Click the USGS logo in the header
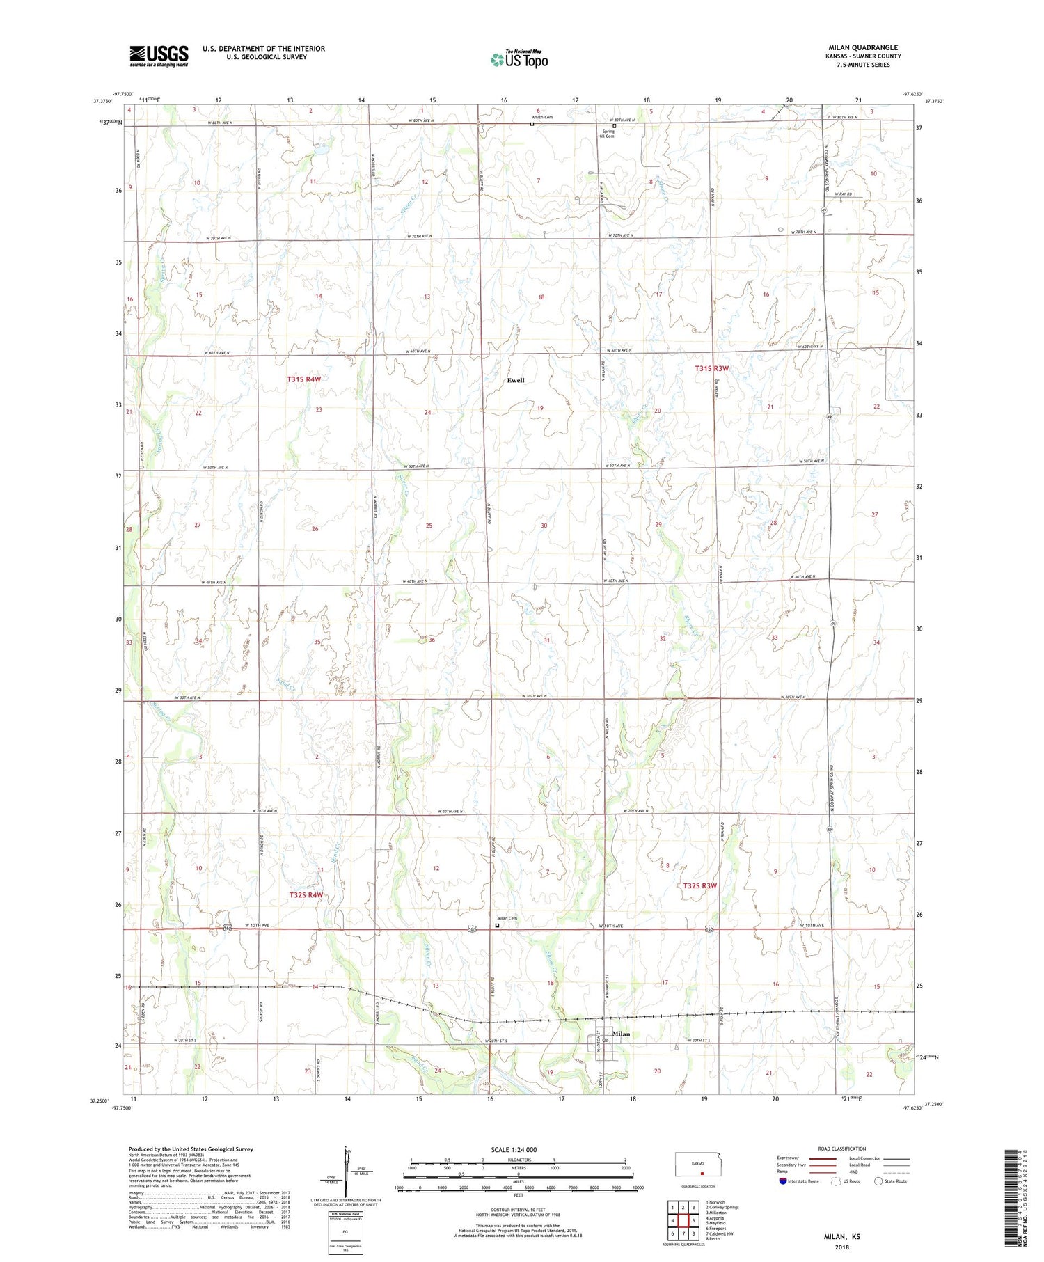tap(159, 56)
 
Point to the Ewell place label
tap(516, 380)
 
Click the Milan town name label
tap(622, 1034)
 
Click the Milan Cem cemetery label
tap(507, 918)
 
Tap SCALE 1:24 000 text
tap(514, 1149)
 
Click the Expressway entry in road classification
tap(790, 1158)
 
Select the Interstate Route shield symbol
tap(783, 1181)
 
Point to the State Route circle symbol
tap(878, 1181)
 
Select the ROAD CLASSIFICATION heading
tap(842, 1149)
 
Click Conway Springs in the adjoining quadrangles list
tap(724, 1207)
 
